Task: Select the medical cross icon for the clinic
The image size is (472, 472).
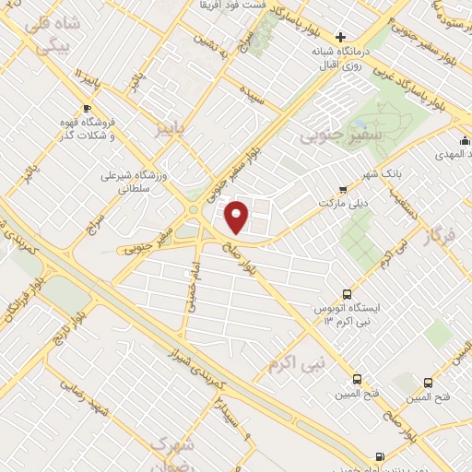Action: [x=340, y=37]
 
